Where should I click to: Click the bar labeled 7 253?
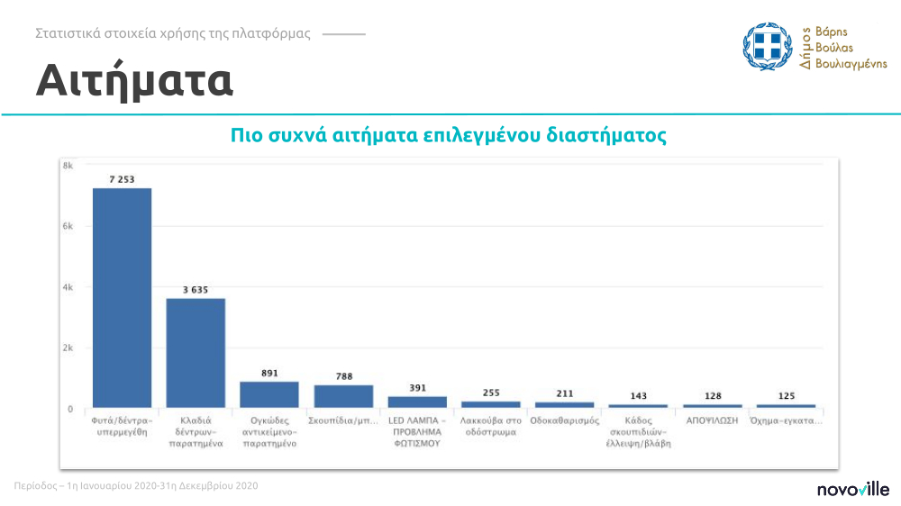pyautogui.click(x=122, y=297)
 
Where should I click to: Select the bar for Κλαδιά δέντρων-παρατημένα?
pyautogui.click(x=196, y=352)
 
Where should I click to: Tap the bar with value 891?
pyautogui.click(x=269, y=394)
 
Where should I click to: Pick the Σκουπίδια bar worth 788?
pyautogui.click(x=343, y=396)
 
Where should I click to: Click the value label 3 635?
pyautogui.click(x=196, y=290)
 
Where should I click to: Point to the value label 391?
pyautogui.click(x=417, y=388)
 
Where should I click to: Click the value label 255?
pyautogui.click(x=491, y=393)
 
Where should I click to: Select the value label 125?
pyautogui.click(x=786, y=396)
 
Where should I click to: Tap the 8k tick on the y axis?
pyautogui.click(x=68, y=166)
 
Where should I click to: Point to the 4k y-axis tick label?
pyautogui.click(x=68, y=287)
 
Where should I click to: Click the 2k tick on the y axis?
pyautogui.click(x=68, y=348)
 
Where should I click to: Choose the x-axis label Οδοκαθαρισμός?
pyautogui.click(x=565, y=420)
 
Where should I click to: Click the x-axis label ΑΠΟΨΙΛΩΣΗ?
pyautogui.click(x=712, y=420)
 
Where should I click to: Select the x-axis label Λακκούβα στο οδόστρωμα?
pyautogui.click(x=491, y=426)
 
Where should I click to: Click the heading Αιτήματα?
pyautogui.click(x=135, y=81)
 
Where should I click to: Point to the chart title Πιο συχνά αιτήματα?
pyautogui.click(x=448, y=137)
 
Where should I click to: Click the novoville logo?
pyautogui.click(x=852, y=490)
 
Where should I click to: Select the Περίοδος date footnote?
pyautogui.click(x=137, y=486)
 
